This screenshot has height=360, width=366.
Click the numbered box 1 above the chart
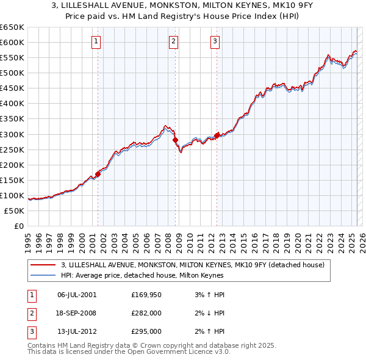point(97,41)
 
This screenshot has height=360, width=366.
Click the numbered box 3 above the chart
point(215,41)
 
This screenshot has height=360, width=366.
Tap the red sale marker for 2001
point(98,174)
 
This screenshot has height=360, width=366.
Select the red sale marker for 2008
point(176,140)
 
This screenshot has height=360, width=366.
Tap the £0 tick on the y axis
point(18,226)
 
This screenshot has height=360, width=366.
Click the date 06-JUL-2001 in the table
point(76,295)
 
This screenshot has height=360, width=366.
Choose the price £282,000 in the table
point(146,313)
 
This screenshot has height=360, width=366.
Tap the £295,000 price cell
point(146,331)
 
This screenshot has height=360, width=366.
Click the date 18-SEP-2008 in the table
point(76,313)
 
